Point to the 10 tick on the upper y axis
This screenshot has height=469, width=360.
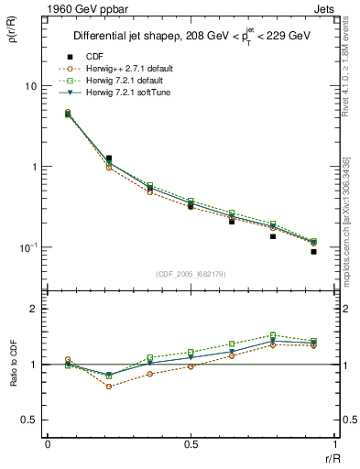click(30, 86)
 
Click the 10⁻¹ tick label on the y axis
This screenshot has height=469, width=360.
click(28, 248)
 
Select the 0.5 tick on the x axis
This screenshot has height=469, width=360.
click(191, 444)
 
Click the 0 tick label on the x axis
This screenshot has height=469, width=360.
click(48, 444)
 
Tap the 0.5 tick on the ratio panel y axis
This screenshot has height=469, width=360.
click(30, 420)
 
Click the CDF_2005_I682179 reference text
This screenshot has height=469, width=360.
click(191, 274)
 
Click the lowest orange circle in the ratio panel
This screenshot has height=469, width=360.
click(109, 387)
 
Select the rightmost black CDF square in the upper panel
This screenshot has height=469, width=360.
click(313, 252)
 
